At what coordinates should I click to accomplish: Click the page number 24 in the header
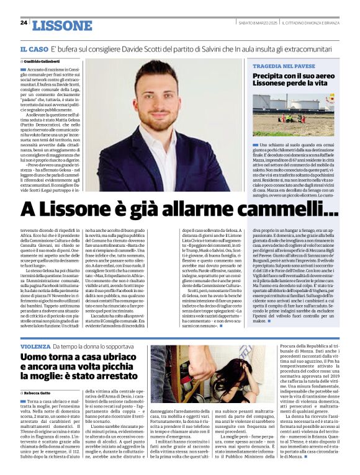tap(24, 23)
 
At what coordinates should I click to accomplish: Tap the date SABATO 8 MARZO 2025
tap(258, 24)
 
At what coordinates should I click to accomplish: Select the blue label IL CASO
tap(34, 48)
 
